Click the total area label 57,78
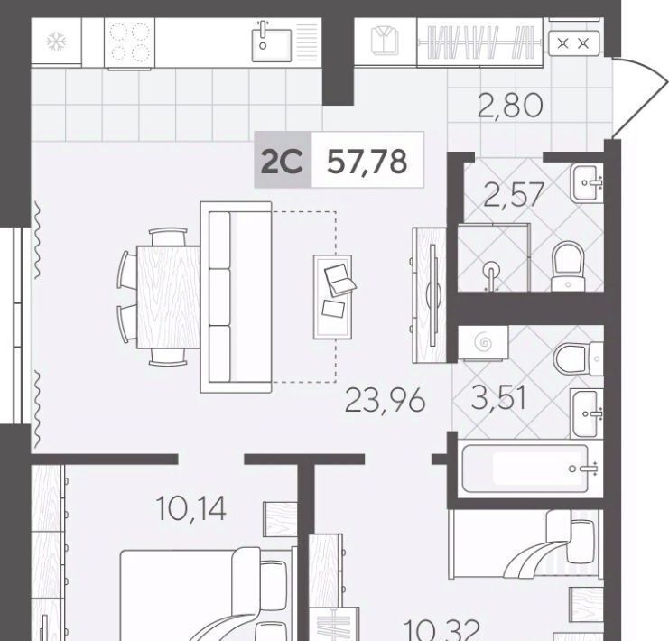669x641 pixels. [x=367, y=163]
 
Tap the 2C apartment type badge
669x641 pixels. [x=282, y=161]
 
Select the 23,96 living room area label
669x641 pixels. [x=386, y=401]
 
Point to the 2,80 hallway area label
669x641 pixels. [x=510, y=106]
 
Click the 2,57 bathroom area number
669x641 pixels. [x=514, y=195]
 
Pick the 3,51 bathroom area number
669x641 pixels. [x=498, y=398]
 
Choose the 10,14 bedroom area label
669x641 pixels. [x=190, y=508]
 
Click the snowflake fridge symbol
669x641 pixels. [x=57, y=42]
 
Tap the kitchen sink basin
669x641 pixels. [x=272, y=45]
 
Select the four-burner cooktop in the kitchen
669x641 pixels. [x=130, y=42]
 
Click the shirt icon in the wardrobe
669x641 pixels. [x=385, y=41]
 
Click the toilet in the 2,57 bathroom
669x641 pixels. [x=568, y=266]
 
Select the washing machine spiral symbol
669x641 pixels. [x=484, y=342]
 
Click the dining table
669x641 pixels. [x=169, y=297]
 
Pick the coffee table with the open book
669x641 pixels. [x=333, y=297]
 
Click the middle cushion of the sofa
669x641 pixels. [x=219, y=297]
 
